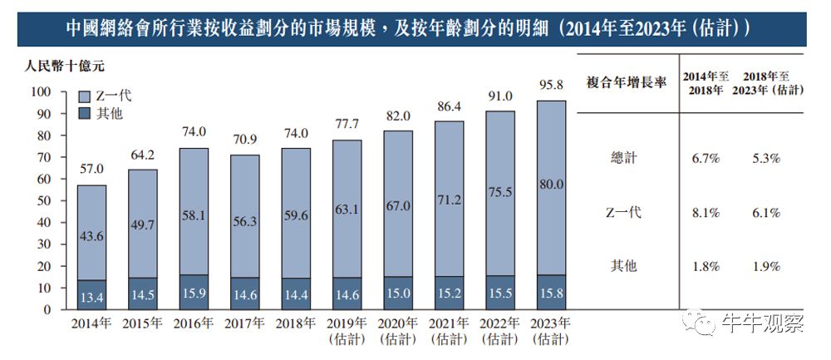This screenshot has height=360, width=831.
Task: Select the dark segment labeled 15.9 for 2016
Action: [x=194, y=293]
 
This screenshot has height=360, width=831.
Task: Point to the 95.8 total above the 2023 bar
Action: [x=551, y=85]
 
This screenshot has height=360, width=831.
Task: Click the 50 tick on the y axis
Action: [x=43, y=200]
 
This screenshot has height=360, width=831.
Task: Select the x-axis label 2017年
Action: [x=244, y=324]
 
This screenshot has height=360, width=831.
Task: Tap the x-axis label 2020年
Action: [x=398, y=324]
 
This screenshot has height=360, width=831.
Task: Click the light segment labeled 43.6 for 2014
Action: [x=91, y=235]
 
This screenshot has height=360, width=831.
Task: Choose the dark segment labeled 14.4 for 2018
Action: [x=296, y=294]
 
